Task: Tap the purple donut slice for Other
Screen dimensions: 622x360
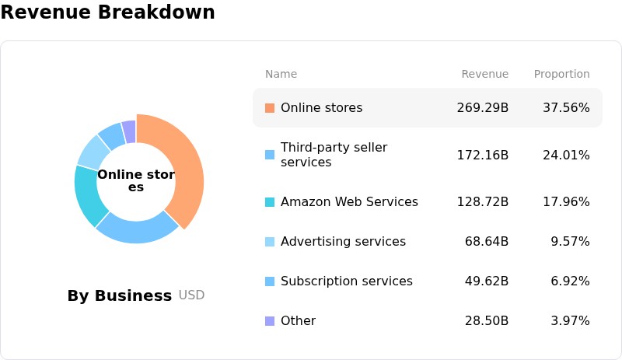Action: pos(129,131)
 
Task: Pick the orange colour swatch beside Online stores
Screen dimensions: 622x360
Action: pos(270,108)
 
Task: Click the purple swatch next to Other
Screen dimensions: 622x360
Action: pos(270,320)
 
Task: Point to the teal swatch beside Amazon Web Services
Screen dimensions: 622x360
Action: pos(270,201)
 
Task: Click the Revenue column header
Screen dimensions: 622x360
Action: pos(484,74)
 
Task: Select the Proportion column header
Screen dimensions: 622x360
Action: pos(561,74)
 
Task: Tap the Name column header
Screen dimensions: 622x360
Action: pos(281,74)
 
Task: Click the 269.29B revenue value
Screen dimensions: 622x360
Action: pos(482,107)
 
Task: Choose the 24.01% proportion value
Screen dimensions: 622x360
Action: pos(566,155)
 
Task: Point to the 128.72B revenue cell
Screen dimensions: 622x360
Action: pos(482,201)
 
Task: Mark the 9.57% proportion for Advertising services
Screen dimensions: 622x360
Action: pos(570,241)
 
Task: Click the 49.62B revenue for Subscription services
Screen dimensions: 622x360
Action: pos(487,281)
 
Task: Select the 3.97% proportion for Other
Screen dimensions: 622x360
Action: pos(570,320)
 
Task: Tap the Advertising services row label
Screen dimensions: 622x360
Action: pos(343,241)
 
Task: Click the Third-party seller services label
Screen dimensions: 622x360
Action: pos(334,155)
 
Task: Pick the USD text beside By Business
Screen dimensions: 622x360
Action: pos(191,295)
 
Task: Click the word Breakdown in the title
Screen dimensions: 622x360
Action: pos(156,12)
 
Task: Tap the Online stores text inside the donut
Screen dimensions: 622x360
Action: pos(136,180)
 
